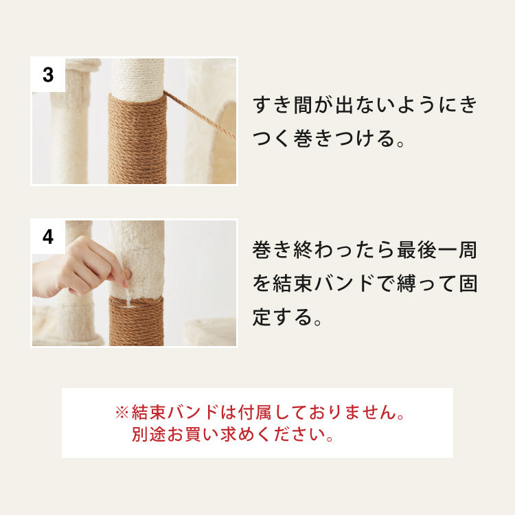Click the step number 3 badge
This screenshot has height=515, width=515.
[x=48, y=75]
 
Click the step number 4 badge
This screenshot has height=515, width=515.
[x=48, y=237]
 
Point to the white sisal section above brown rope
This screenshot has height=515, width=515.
[x=137, y=77]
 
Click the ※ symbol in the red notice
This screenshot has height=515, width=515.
[x=122, y=413]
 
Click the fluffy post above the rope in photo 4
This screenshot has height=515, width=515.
[x=137, y=254]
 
